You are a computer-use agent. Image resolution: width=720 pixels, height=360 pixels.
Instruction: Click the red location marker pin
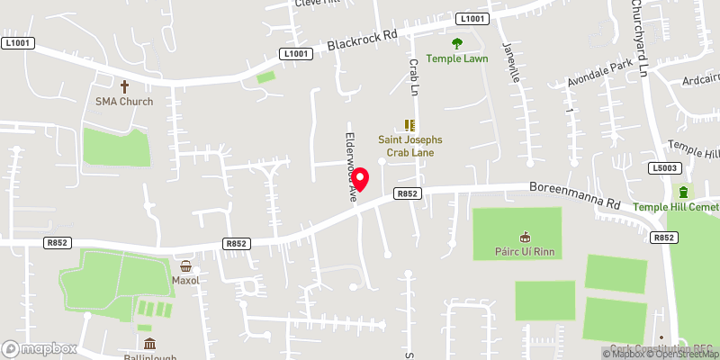point(360,180)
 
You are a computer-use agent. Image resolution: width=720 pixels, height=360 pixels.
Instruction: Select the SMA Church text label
point(124,101)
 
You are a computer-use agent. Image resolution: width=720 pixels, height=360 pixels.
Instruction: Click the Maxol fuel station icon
point(185,265)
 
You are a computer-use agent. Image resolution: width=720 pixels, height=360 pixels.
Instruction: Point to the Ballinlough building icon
point(149,344)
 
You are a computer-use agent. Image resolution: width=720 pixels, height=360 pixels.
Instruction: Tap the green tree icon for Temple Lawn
point(457,43)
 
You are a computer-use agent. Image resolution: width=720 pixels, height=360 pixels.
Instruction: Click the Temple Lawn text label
point(457,58)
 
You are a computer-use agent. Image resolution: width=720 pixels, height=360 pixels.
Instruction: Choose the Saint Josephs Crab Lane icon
point(410,125)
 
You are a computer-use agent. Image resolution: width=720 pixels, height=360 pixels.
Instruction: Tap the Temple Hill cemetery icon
point(684,192)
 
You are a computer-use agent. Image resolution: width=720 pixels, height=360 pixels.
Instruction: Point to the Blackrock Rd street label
point(362,40)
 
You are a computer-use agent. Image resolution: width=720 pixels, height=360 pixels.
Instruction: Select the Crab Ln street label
point(415,78)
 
